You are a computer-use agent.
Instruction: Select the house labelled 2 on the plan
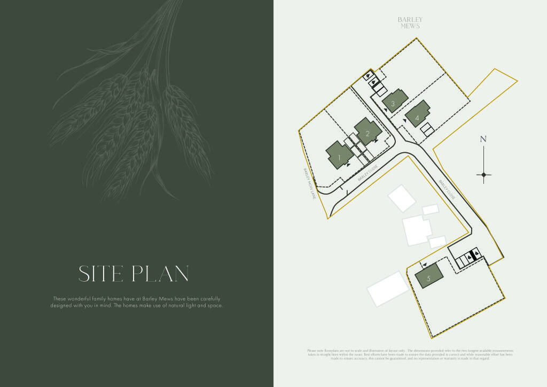(367, 131)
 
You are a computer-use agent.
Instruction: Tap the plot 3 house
(394, 100)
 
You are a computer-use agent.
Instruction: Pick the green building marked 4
(417, 114)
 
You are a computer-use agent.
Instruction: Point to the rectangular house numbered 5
(429, 276)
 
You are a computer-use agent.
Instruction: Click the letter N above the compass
(483, 139)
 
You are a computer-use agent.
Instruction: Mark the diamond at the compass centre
(483, 175)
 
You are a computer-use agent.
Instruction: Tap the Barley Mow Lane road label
(307, 184)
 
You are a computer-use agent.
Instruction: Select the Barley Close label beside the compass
(448, 190)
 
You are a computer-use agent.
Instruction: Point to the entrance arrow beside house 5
(424, 265)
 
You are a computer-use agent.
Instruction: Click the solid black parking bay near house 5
(474, 256)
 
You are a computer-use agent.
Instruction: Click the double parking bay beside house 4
(426, 130)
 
